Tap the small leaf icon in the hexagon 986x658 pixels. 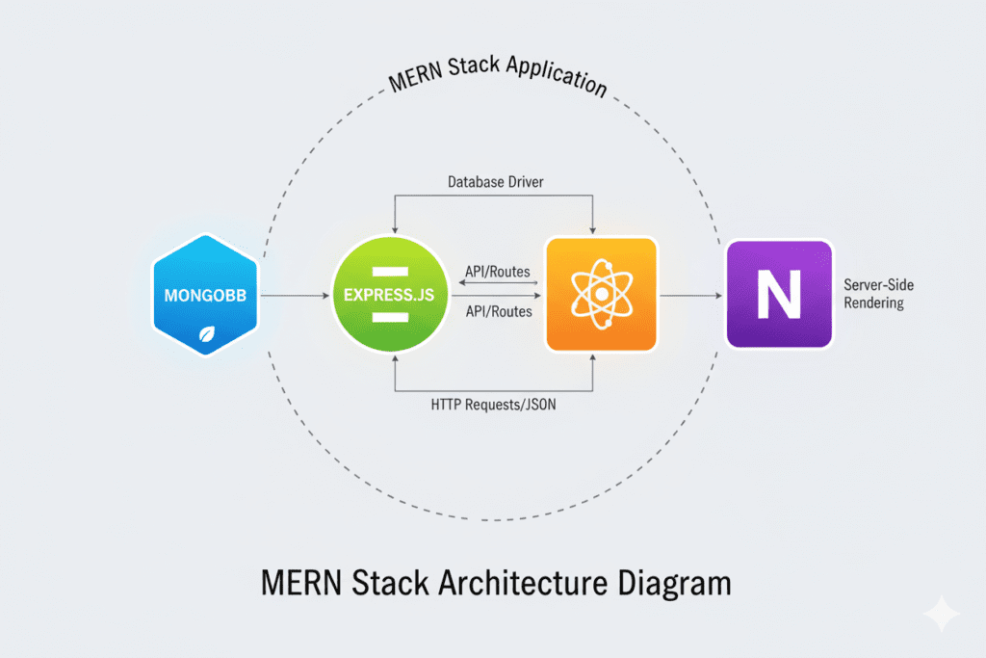[x=205, y=334]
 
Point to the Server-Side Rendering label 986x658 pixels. [x=873, y=294]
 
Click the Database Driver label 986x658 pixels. [x=495, y=181]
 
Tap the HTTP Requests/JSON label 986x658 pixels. [x=494, y=406]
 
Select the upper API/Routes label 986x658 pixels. [x=496, y=272]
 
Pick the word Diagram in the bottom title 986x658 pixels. [x=679, y=584]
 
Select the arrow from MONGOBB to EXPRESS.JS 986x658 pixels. [x=294, y=296]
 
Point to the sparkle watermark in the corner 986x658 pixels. [x=940, y=615]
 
